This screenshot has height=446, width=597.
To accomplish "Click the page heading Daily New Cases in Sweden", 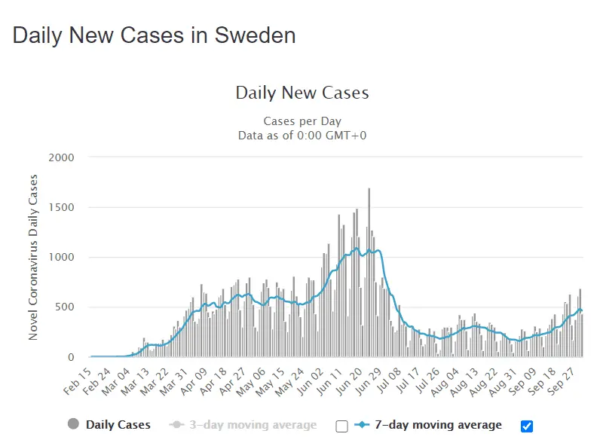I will (x=154, y=35).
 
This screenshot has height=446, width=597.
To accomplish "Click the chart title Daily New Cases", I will (x=302, y=93).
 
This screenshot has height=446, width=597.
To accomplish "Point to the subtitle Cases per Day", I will (x=302, y=121).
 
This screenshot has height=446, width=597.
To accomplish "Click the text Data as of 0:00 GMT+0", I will (x=302, y=136).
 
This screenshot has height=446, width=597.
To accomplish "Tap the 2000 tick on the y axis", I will (x=61, y=157).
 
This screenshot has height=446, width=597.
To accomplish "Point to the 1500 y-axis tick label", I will (x=61, y=207).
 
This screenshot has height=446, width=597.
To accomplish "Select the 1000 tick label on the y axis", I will (x=61, y=257).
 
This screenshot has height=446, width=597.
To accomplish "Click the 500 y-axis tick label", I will (x=65, y=307).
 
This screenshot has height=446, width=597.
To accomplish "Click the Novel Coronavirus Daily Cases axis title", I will (x=33, y=257).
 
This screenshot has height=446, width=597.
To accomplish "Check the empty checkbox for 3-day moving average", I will (x=341, y=426).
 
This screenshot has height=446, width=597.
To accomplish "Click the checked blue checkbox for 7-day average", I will (x=527, y=426).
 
